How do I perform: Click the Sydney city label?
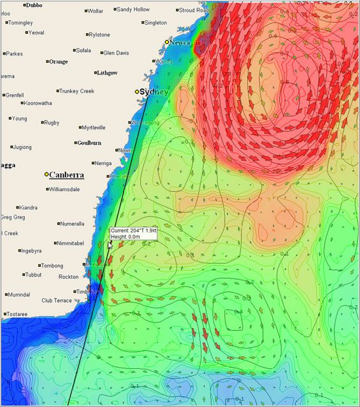(x=154, y=92)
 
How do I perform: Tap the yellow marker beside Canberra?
(x=47, y=175)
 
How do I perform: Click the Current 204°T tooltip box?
(x=133, y=233)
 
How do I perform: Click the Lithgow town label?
(x=106, y=73)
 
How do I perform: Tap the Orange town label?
(x=58, y=62)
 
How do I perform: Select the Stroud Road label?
(x=194, y=10)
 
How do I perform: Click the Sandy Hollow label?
(x=133, y=10)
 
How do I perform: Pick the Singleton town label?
(x=155, y=22)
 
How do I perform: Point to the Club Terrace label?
(x=57, y=300)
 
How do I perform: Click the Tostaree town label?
(x=17, y=314)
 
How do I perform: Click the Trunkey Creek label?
(x=78, y=91)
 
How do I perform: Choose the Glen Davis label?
(x=116, y=53)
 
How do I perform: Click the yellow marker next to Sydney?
(x=136, y=92)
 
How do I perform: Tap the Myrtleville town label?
(x=94, y=127)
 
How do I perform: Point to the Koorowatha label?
(x=38, y=103)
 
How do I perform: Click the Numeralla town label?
(x=72, y=224)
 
